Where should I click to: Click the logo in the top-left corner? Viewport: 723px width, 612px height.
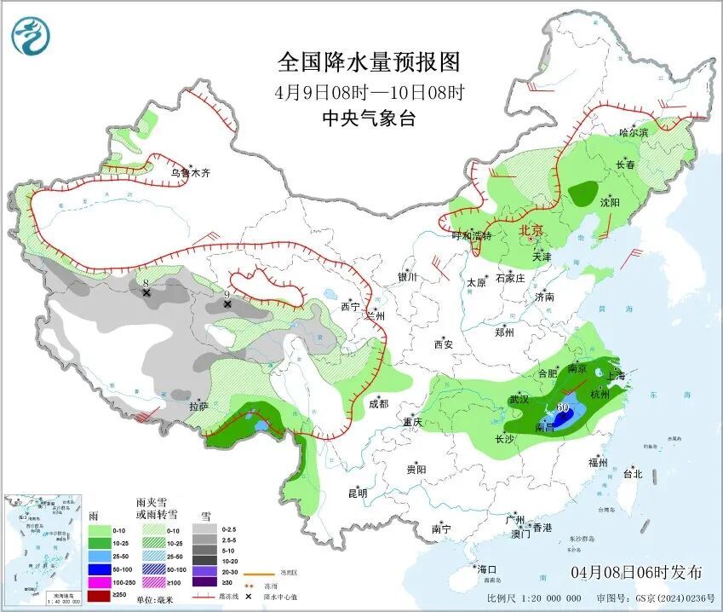tap(32, 35)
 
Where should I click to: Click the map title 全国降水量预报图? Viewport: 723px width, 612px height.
tap(369, 62)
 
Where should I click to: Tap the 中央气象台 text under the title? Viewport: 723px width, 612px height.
tap(369, 118)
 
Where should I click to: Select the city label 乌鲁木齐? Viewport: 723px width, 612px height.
tap(190, 173)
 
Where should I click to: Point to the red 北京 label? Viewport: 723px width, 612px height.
tap(531, 230)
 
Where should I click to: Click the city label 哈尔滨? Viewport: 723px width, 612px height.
tap(634, 132)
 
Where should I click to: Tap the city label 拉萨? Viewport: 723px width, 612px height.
tap(198, 407)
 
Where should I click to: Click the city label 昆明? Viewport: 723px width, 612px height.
tap(357, 493)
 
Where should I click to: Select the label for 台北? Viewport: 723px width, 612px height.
tap(633, 473)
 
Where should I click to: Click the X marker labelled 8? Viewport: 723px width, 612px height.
tap(146, 292)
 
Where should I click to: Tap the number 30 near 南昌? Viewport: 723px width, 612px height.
tap(562, 407)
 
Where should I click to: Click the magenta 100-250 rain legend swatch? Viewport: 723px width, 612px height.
tap(100, 581)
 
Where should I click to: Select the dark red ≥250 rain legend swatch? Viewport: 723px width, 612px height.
tap(100, 596)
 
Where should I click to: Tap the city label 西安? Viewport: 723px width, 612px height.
tap(444, 344)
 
